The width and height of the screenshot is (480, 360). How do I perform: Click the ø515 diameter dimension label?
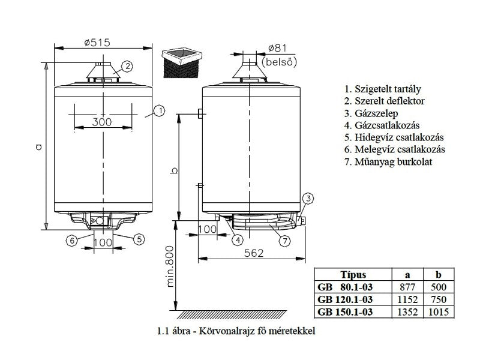(97, 43)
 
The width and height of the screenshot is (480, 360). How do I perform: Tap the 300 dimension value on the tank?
(102, 122)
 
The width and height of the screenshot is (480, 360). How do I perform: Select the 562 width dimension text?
(254, 253)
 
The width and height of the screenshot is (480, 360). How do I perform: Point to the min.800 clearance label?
(170, 266)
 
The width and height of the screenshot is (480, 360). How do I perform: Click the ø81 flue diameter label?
(277, 48)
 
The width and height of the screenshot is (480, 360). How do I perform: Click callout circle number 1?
(160, 111)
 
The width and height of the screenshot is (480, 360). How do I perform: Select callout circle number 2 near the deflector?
(127, 67)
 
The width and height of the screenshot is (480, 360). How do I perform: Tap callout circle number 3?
(308, 199)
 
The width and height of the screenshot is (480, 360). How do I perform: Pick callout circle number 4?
(238, 240)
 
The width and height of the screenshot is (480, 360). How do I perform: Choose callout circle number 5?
(139, 239)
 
